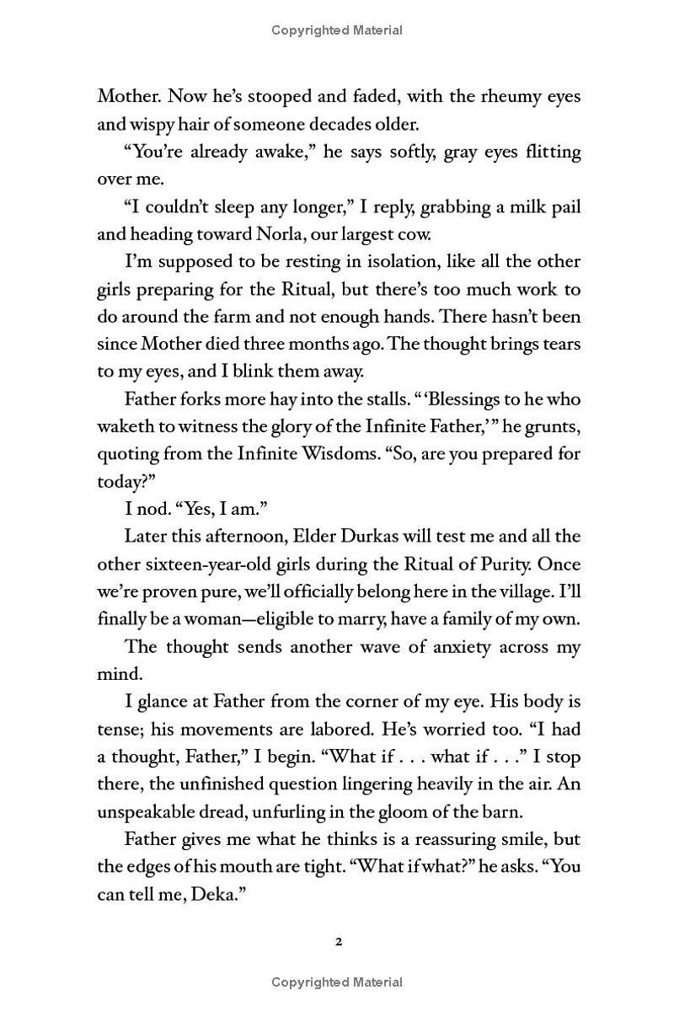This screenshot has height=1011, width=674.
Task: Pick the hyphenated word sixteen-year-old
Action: (x=208, y=564)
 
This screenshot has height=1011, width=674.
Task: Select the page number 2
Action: (x=337, y=942)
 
